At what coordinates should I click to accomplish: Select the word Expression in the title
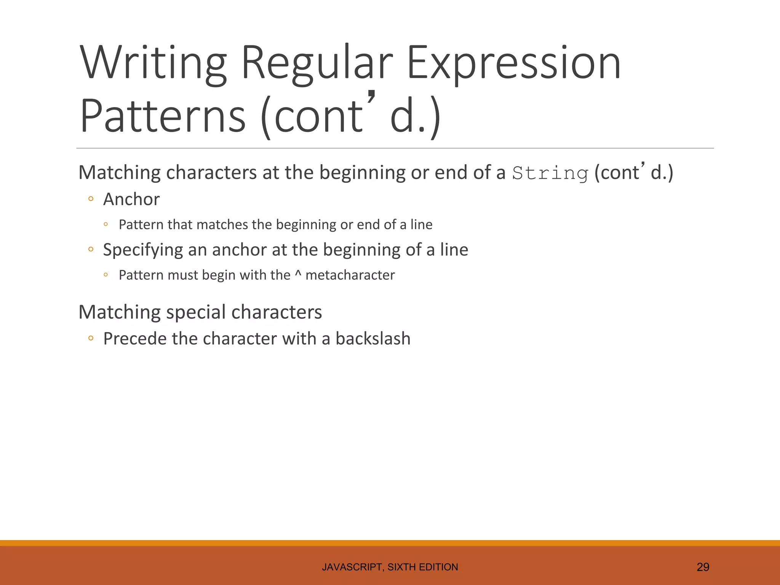coord(514,62)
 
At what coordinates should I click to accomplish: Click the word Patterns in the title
coord(163,116)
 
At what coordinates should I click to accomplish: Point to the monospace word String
coord(550,173)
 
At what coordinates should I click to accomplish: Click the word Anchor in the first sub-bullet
coord(131,199)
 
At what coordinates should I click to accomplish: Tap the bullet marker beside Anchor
coord(91,199)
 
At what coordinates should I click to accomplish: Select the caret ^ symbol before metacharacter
coord(298,274)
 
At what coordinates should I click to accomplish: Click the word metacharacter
coord(350,275)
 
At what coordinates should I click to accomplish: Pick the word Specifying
coord(143,250)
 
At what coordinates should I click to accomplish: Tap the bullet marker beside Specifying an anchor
coord(91,249)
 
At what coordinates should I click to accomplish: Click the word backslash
coord(373,339)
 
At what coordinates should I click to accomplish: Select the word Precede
coord(133,339)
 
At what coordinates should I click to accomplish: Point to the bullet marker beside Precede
coord(91,338)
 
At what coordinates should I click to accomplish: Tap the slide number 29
coord(703,567)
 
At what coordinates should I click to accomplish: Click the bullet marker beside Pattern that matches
coord(106,224)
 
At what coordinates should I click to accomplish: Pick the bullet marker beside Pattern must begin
coord(106,275)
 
